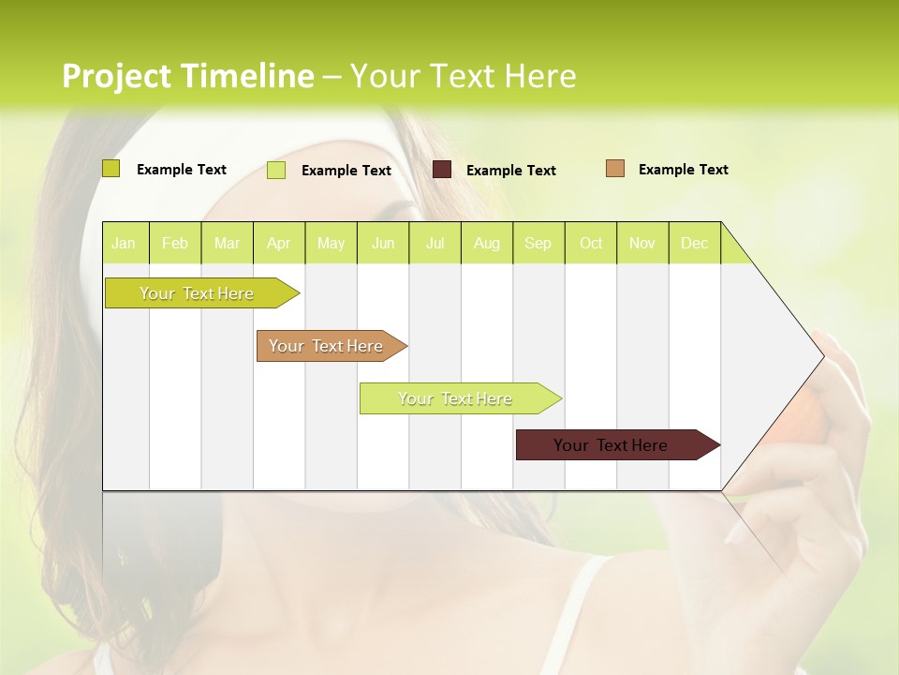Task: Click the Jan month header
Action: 124,243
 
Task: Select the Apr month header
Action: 278,243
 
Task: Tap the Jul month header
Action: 435,243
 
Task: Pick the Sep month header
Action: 538,243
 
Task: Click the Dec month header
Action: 694,243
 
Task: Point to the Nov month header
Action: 641,243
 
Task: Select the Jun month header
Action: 382,243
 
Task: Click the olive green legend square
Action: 111,169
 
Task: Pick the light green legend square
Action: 276,170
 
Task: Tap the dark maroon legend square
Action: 442,170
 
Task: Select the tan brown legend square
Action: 615,169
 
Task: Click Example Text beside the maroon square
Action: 510,171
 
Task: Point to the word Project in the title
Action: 117,76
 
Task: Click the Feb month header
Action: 174,243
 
